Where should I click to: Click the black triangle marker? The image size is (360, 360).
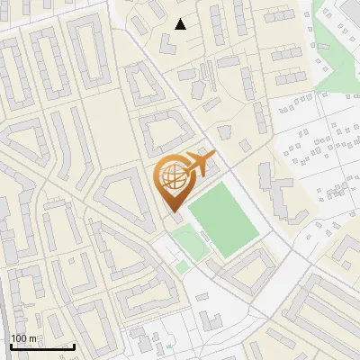tap(180, 24)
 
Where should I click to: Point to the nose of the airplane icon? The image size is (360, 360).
tap(215, 159)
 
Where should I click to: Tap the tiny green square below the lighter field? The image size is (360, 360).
tap(183, 266)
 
